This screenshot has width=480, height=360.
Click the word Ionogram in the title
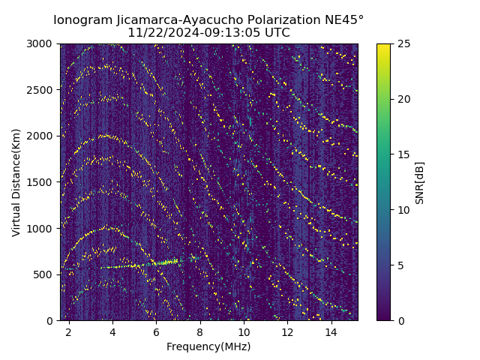[82, 19]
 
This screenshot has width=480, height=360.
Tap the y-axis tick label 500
[44, 274]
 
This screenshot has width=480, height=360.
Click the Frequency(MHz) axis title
[208, 346]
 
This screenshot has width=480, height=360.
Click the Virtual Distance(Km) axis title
[16, 182]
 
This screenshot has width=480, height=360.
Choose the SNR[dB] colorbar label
[420, 182]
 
